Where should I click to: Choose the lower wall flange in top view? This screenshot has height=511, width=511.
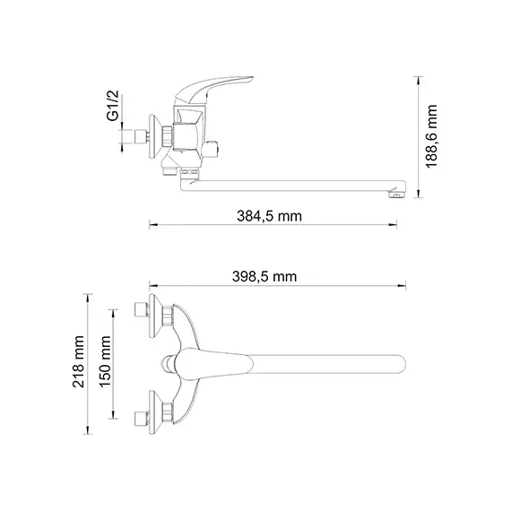(x=167, y=415)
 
